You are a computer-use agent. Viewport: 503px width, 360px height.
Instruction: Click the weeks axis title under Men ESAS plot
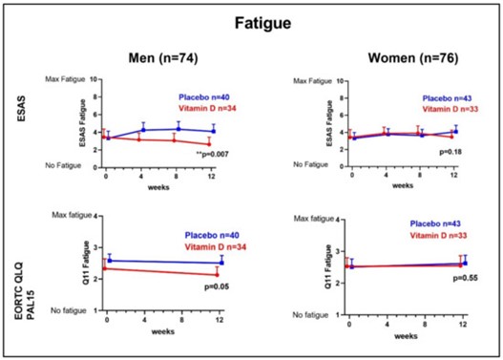pyautogui.click(x=158, y=187)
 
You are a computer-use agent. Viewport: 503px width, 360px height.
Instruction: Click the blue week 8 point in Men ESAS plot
pyautogui.click(x=178, y=129)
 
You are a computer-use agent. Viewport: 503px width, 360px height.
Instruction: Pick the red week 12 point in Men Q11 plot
pyautogui.click(x=219, y=275)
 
